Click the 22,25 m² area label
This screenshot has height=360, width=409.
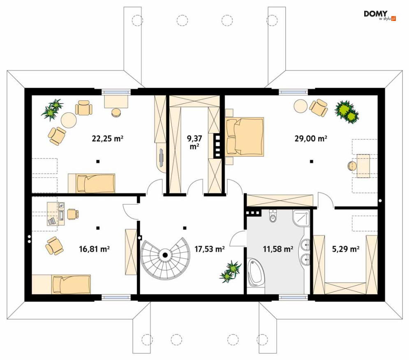[x=107, y=138]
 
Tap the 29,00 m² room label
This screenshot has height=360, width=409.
[x=311, y=138]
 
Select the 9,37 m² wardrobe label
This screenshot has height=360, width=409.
[x=194, y=142]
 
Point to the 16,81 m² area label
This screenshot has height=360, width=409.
[x=94, y=249]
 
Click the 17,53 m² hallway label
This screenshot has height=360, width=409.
[x=210, y=249]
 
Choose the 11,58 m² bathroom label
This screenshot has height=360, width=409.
[x=278, y=249]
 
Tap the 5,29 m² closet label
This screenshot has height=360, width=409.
[x=346, y=249]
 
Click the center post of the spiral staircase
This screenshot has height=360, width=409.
[x=165, y=255]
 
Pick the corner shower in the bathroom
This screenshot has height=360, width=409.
[x=301, y=218]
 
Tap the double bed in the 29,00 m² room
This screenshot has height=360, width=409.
[x=245, y=137]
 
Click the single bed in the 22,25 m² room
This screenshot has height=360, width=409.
[x=91, y=183]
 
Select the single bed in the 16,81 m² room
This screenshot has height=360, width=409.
[x=71, y=284]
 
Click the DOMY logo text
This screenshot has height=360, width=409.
[x=376, y=14]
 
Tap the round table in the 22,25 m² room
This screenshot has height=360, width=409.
[x=69, y=120]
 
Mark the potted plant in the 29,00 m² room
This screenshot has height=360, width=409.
[x=347, y=111]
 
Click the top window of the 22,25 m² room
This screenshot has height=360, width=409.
[x=116, y=92]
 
